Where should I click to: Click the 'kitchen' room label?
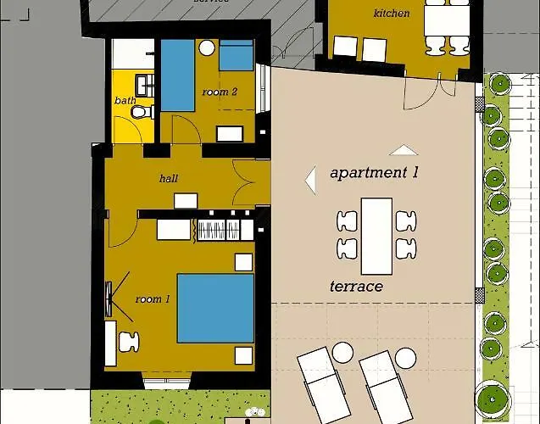pos(391,13)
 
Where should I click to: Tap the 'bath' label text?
pos(125,101)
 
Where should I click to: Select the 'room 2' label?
pos(219,92)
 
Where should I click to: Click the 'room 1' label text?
pos(153,299)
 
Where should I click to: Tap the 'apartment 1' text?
pos(374,173)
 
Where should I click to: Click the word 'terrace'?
pos(356,287)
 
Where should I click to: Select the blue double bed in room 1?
pos(215,307)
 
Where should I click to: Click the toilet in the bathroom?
pos(145,112)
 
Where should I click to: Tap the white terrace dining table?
pos(376,235)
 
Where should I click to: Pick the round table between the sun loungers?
pos(342,351)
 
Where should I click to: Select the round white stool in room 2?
pos(207,49)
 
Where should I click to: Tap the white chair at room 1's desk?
pos(129,341)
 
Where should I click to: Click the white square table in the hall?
pos(186,200)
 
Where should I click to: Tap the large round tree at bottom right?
pos(491,398)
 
